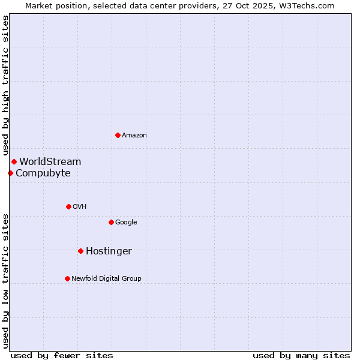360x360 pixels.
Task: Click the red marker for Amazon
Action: (x=118, y=135)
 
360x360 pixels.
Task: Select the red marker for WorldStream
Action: (x=14, y=161)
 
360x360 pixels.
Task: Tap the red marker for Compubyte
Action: (x=10, y=173)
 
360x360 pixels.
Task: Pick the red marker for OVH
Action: (x=68, y=206)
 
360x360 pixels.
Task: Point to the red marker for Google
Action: (x=111, y=222)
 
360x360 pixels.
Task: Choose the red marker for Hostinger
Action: (x=80, y=251)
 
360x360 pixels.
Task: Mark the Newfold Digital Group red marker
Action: (x=67, y=278)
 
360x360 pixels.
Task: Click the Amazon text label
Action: (x=134, y=136)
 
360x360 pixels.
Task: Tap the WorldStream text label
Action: (x=50, y=161)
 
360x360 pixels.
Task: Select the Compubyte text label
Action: (x=43, y=173)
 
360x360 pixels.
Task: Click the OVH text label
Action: (x=80, y=207)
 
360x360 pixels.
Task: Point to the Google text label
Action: (x=126, y=223)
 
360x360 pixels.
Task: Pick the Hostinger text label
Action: (x=109, y=251)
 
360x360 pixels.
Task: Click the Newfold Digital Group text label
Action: (x=106, y=278)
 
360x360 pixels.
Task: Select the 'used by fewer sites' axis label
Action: (x=62, y=355)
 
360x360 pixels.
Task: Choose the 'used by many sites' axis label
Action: (x=301, y=355)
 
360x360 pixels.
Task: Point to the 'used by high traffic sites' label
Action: (x=5, y=85)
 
